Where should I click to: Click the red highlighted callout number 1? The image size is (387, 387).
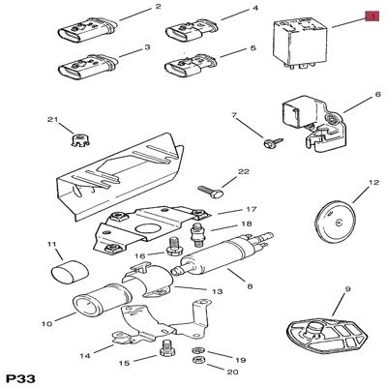pos(372,16)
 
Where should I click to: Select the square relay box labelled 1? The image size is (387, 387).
pos(300,43)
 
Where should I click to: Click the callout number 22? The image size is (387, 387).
pos(244,171)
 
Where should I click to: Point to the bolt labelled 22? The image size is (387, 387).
pos(211,192)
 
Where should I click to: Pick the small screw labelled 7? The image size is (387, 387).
pos(274,142)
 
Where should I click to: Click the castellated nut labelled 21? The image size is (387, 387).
pos(79,140)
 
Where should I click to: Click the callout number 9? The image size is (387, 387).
pos(346,289)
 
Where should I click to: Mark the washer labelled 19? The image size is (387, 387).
pos(196,351)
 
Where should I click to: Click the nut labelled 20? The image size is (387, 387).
pos(196,360)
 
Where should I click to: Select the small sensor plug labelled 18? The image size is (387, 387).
pos(197,235)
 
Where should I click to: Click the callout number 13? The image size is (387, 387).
pos(218,291)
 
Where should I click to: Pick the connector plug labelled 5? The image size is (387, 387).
pos(192,66)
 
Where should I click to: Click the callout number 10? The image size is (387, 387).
pos(46,323)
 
